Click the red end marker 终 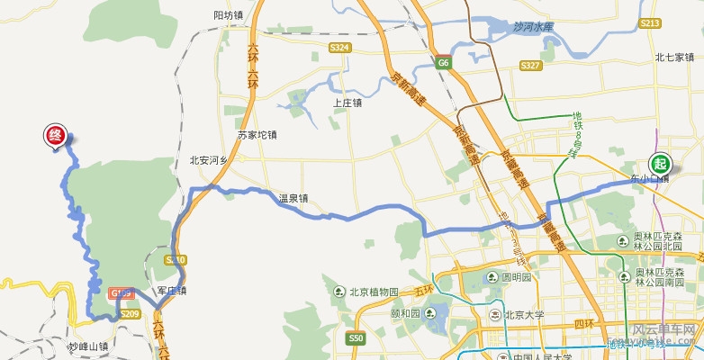coord(55,136)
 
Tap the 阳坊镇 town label coord(228,15)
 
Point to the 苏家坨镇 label coord(257,135)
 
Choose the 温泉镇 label coord(293,198)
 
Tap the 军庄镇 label coord(171,291)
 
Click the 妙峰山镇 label coord(87,346)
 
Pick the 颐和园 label coord(405,315)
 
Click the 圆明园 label coord(518,277)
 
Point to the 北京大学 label coord(526,315)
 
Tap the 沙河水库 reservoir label coord(530,28)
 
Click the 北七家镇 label coord(674,58)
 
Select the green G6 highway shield coord(443,63)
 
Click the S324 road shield coord(339,48)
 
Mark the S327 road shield coord(530,66)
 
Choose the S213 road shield coord(650,23)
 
